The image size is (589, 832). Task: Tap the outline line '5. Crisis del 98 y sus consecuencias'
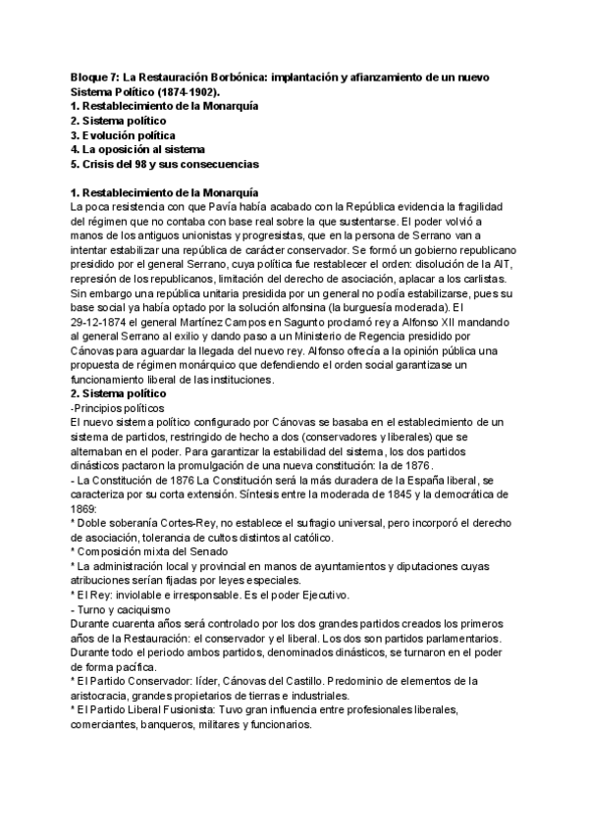(165, 163)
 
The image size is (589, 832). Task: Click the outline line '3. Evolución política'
(123, 133)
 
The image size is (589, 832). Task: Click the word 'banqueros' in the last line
(172, 727)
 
